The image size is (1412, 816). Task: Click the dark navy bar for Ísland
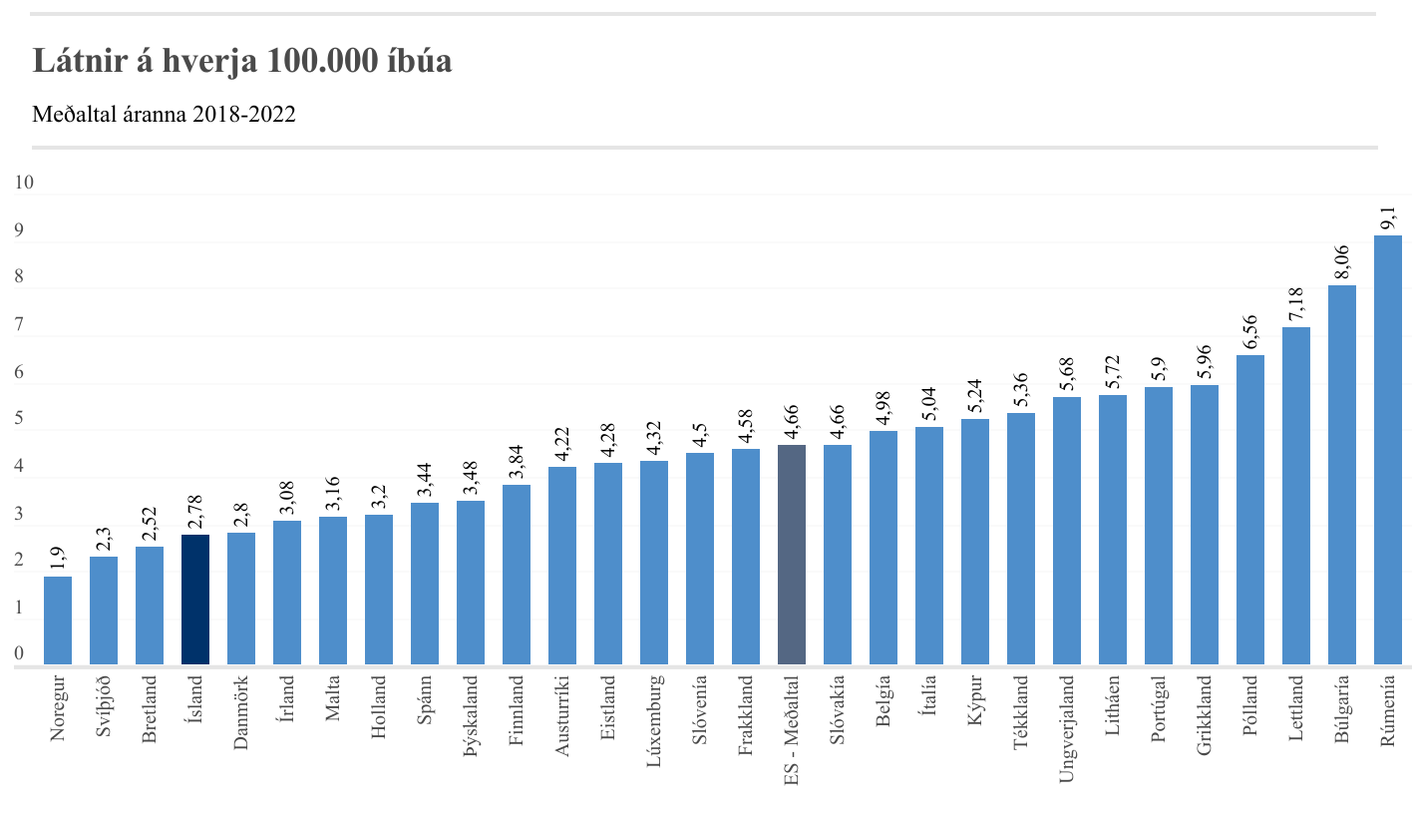(195, 600)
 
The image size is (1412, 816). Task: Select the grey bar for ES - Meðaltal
(791, 555)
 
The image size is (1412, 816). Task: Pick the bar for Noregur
(58, 620)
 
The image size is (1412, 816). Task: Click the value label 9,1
(1387, 215)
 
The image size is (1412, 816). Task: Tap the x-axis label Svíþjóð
(104, 708)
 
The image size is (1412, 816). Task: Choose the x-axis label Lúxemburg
(654, 721)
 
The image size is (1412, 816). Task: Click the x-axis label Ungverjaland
(1067, 729)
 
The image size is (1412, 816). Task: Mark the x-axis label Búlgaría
(1341, 711)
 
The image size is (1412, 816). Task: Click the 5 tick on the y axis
(18, 419)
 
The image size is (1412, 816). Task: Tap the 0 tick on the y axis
(18, 654)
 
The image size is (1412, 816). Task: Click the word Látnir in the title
(77, 61)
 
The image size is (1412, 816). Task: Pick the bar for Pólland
(1249, 510)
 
